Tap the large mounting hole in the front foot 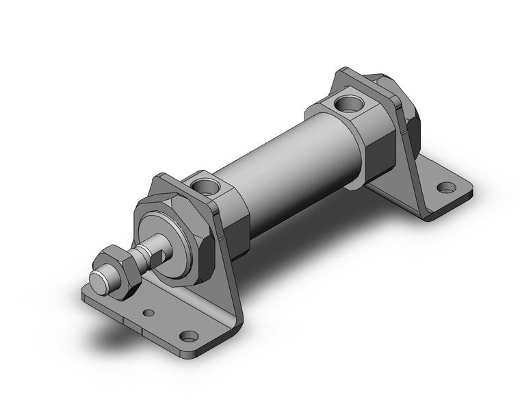[188, 336]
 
